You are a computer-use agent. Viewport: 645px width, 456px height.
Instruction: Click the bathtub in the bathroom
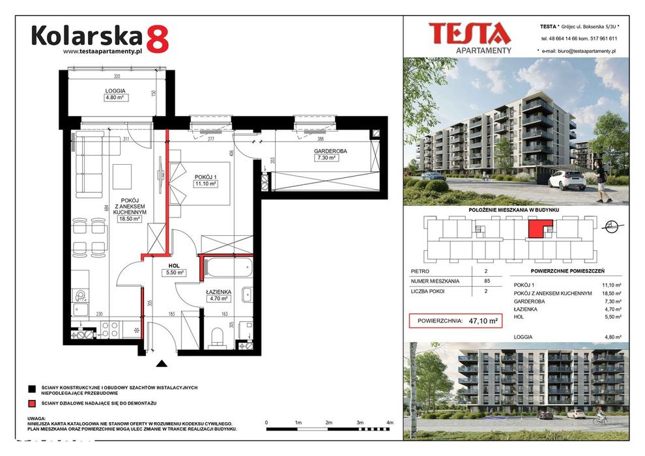click(x=227, y=266)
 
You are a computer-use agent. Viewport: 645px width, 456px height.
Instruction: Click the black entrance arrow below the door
click(x=161, y=363)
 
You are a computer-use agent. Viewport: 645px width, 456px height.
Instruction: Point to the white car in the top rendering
click(x=566, y=179)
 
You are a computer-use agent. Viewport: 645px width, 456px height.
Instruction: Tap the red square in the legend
click(x=32, y=404)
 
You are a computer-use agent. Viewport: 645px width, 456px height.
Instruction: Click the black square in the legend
click(x=32, y=388)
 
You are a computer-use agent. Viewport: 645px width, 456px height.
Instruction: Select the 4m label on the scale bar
click(x=390, y=423)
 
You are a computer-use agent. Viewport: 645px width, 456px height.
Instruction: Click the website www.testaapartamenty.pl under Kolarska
click(x=102, y=51)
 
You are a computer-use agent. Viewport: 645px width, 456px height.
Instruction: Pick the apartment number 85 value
click(x=486, y=281)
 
